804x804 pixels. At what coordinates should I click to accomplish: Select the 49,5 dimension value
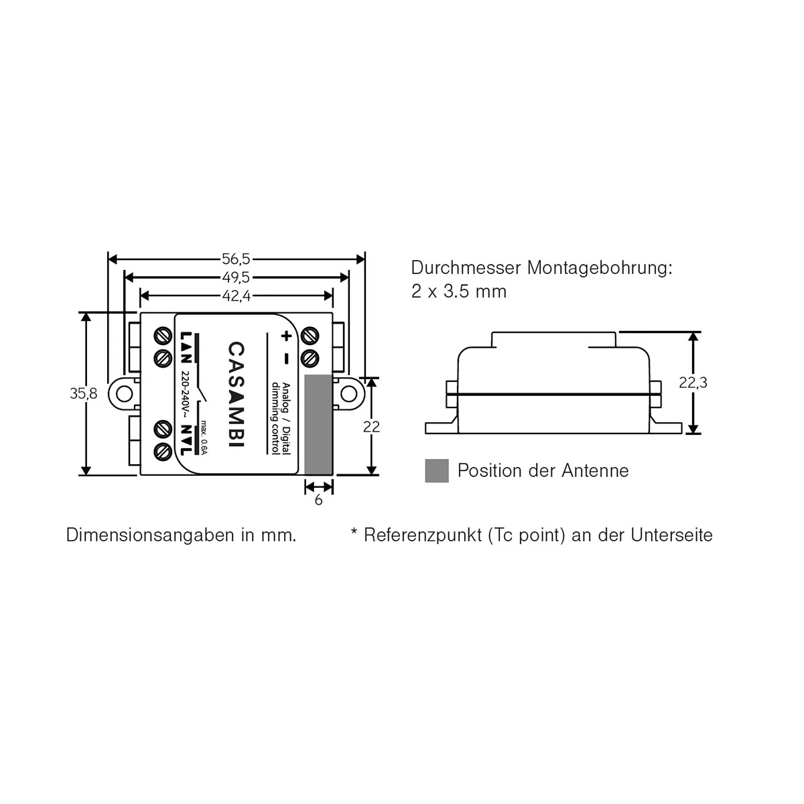point(236,277)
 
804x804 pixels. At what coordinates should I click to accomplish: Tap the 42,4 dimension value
point(236,295)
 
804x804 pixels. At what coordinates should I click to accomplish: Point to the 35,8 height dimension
point(84,394)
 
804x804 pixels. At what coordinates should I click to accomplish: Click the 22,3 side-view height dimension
point(693,383)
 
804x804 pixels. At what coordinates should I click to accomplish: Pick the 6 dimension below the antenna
point(318,500)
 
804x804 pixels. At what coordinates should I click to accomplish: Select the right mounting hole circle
point(349,394)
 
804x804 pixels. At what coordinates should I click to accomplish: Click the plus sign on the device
point(286,336)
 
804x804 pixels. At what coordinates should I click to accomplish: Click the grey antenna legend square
point(437,471)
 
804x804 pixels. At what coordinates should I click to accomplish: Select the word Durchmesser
point(466,269)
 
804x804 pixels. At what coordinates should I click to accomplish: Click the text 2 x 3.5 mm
point(459,292)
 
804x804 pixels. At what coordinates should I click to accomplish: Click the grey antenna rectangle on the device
point(319,425)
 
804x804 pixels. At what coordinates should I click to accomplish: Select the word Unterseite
point(672,535)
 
